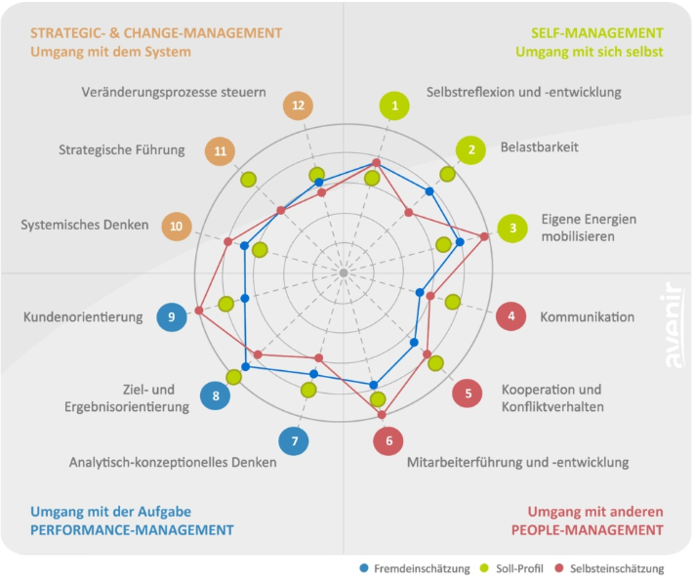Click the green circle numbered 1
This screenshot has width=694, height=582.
pyautogui.click(x=394, y=105)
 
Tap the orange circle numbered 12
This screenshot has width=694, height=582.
pyautogui.click(x=298, y=105)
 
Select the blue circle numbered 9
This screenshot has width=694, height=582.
pyautogui.click(x=172, y=316)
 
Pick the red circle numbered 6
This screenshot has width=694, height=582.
pyautogui.click(x=388, y=440)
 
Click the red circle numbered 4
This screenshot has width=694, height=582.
pyautogui.click(x=511, y=316)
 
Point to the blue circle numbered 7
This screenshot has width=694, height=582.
pyautogui.click(x=294, y=440)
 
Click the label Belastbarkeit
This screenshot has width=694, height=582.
pyautogui.click(x=539, y=147)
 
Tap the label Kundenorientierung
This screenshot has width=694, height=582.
pyautogui.click(x=83, y=317)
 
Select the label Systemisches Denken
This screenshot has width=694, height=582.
pyautogui.click(x=85, y=225)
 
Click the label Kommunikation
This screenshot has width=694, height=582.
pyautogui.click(x=587, y=317)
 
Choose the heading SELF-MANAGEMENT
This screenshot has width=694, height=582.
pyautogui.click(x=597, y=33)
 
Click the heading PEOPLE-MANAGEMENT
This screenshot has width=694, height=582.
pyautogui.click(x=587, y=530)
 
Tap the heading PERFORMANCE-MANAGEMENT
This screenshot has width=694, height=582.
pyautogui.click(x=132, y=530)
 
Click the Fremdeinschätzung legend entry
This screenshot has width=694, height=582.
pyautogui.click(x=415, y=568)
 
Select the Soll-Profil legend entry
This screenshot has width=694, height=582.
pyautogui.click(x=511, y=568)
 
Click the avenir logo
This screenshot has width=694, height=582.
pyautogui.click(x=674, y=324)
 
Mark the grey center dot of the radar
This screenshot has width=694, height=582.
pyautogui.click(x=344, y=272)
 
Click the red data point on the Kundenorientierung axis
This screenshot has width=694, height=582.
pyautogui.click(x=199, y=311)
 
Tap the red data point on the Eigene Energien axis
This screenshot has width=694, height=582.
pyautogui.click(x=485, y=236)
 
